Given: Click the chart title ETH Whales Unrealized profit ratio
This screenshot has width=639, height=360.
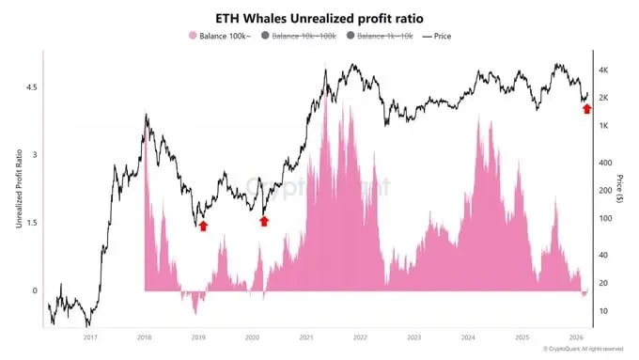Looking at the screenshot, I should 319,16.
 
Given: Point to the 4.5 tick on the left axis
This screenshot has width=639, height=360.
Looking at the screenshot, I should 31,86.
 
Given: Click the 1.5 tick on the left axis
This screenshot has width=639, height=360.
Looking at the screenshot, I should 31,223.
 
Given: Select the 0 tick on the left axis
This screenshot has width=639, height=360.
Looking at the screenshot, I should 34,290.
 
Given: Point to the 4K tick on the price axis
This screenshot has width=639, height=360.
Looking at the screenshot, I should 606,70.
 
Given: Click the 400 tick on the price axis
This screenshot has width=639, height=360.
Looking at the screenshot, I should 606,162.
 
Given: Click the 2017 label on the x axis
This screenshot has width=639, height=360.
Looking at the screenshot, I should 90,336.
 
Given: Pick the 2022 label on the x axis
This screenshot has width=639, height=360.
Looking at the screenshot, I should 359,336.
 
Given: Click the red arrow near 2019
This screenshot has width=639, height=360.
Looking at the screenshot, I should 203,226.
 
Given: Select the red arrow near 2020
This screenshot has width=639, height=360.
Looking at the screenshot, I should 264,221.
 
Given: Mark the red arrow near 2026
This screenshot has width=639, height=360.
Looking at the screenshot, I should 587,109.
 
